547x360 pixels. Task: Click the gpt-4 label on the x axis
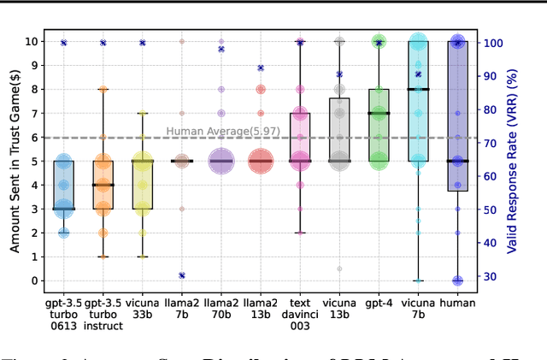tap(379, 303)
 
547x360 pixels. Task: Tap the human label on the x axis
tap(458, 303)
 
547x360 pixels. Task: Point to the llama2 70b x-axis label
tap(221, 308)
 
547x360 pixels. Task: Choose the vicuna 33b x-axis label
tap(143, 308)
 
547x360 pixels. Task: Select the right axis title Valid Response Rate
tap(512, 161)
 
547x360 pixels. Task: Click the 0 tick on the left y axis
tap(35, 280)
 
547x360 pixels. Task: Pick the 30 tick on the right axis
tap(490, 276)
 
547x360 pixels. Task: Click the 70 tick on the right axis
tap(490, 143)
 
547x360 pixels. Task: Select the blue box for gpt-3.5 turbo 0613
tap(63, 184)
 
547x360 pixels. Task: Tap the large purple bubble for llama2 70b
tap(221, 161)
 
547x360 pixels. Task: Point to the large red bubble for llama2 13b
tap(261, 161)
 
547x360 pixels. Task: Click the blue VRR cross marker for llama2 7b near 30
tap(182, 275)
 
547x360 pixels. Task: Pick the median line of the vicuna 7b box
tap(419, 89)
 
